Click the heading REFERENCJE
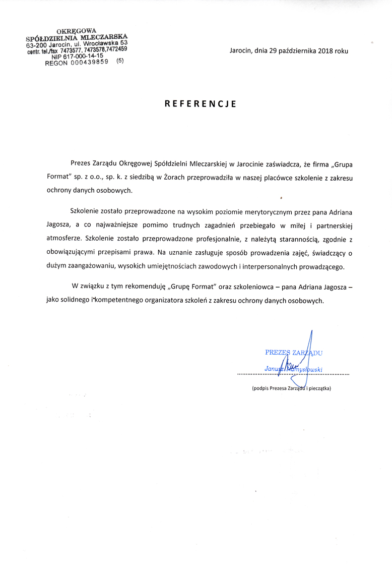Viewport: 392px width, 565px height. [201, 104]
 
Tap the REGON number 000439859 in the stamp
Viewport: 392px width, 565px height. [90, 63]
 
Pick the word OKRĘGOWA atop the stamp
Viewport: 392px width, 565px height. [76, 31]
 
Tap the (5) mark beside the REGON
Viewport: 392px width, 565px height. [119, 61]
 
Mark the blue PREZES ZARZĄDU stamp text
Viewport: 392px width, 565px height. [293, 353]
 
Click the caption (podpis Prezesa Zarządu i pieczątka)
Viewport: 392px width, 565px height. [291, 388]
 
